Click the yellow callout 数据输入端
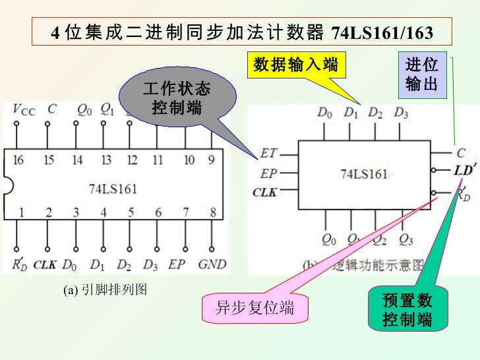[295, 65]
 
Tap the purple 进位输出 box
[421, 75]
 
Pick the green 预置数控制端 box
[407, 310]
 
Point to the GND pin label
[212, 264]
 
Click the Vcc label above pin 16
[24, 110]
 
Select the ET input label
[269, 153]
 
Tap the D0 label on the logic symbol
[324, 113]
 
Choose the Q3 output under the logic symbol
[406, 238]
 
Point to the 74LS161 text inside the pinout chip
[113, 189]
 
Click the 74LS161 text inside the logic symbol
[363, 174]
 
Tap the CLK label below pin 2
[45, 264]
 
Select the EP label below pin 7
[176, 264]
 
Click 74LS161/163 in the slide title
[382, 32]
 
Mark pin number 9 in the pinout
[211, 160]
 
